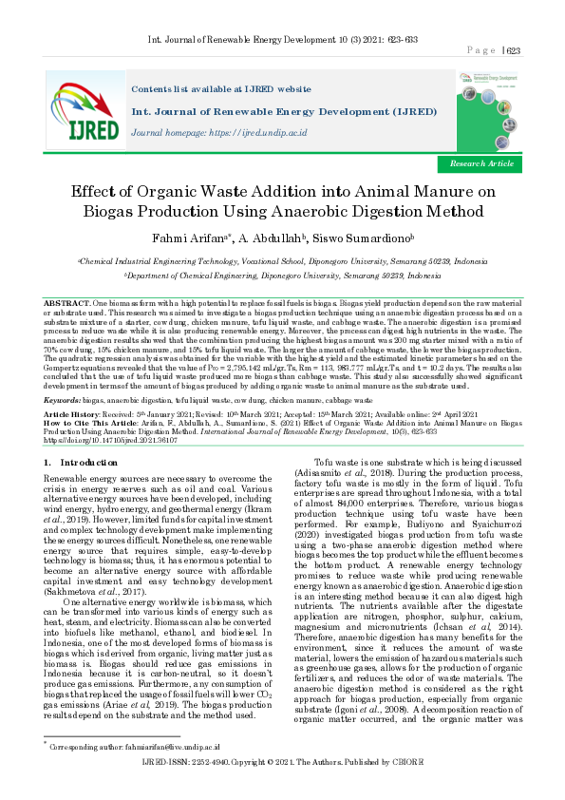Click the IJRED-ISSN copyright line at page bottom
281,788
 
